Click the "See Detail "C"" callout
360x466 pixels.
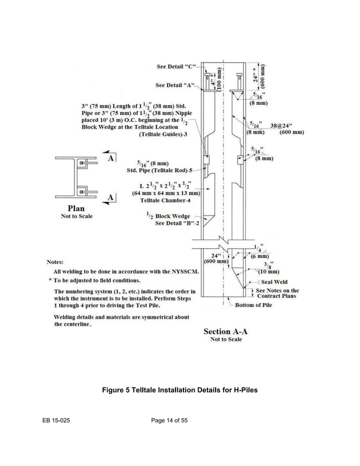(176, 67)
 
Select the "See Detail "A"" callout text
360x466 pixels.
(175, 86)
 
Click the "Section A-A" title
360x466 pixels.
(226, 331)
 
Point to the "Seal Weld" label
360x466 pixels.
(274, 282)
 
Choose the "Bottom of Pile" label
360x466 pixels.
(253, 305)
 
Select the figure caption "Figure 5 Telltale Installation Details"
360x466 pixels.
(179, 390)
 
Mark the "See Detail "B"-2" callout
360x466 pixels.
(177, 223)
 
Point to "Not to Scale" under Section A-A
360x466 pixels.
(226, 340)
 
